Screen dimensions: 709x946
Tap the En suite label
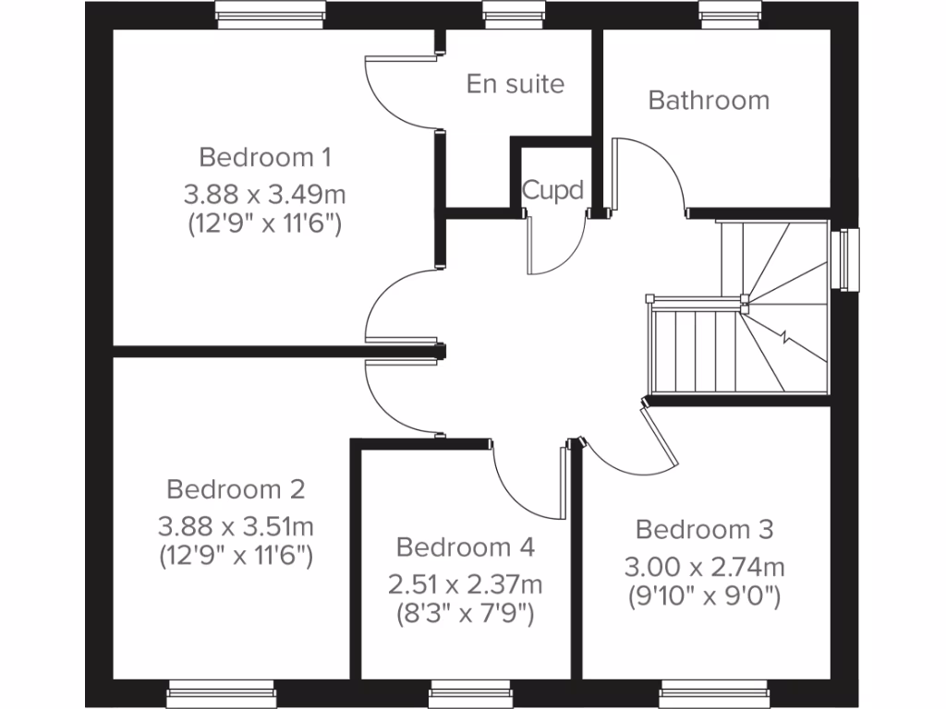click(x=515, y=84)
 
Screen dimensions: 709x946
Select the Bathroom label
click(x=709, y=100)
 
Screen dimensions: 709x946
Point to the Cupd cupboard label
click(x=552, y=190)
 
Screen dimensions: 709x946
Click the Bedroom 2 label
click(x=236, y=488)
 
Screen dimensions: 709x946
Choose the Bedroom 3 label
click(x=704, y=529)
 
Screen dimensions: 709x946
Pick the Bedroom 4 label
click(x=465, y=547)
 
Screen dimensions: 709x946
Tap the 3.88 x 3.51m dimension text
click(x=236, y=526)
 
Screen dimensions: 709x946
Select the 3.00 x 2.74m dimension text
click(x=704, y=567)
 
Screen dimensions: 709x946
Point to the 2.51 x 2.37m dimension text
click(x=465, y=584)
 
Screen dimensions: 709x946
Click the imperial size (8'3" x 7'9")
click(x=465, y=613)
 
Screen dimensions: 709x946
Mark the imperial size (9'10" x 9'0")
click(x=704, y=595)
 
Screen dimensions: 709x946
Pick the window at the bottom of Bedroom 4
click(x=470, y=693)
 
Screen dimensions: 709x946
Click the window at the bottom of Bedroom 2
click(x=222, y=693)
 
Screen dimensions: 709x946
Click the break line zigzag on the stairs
click(x=787, y=337)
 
